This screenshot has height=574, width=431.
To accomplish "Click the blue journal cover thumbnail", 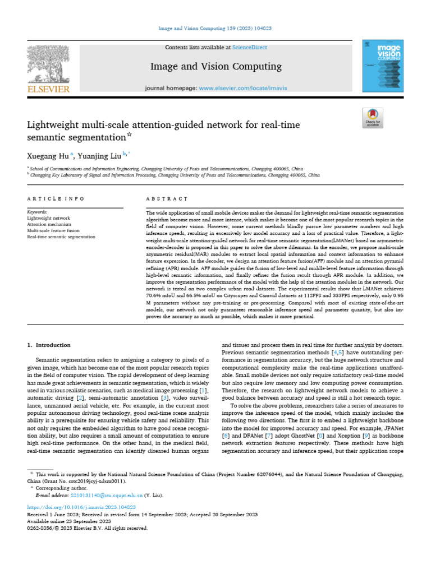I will [x=383, y=66].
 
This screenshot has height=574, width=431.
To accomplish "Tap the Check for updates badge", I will [x=373, y=117].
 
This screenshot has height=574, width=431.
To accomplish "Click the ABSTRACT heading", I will [x=166, y=199].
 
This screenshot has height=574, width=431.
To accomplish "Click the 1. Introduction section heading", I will [x=49, y=345].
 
